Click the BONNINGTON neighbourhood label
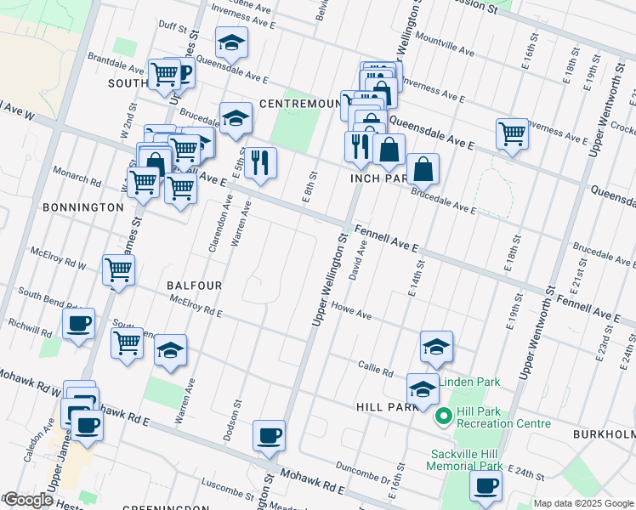tap(82, 207)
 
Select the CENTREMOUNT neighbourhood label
tap(298, 104)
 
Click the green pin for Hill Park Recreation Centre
tap(442, 416)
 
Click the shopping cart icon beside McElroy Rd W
tap(118, 270)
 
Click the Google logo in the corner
tap(27, 501)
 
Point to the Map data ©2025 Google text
tap(584, 503)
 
